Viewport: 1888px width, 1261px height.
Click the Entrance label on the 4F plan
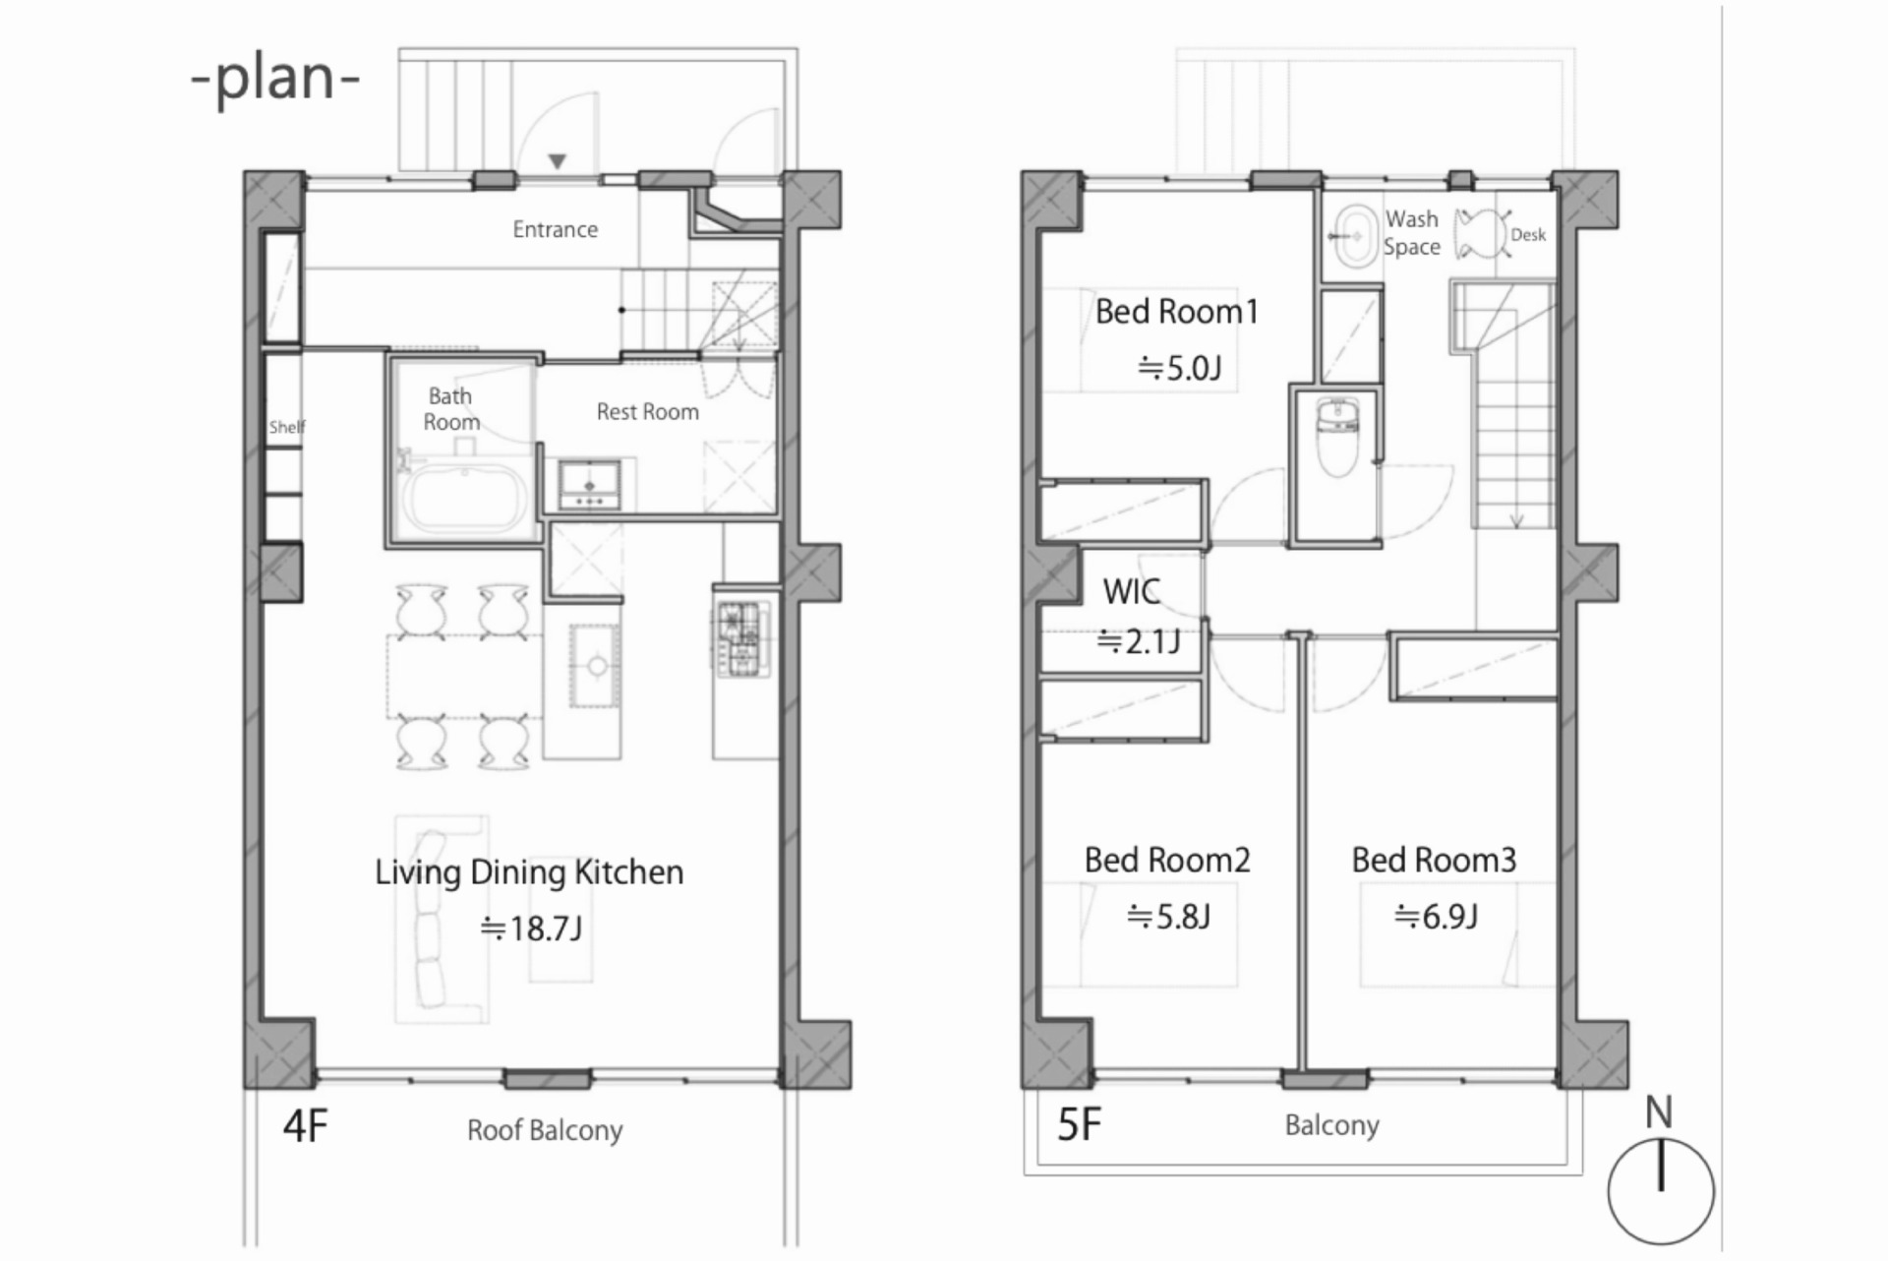555,229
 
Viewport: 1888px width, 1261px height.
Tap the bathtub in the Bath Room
464,499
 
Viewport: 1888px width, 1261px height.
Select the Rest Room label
647,411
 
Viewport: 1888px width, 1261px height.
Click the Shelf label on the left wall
286,427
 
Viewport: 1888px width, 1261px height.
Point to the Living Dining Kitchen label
529,872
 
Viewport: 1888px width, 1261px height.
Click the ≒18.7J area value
531,928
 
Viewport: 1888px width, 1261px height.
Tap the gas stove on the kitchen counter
742,638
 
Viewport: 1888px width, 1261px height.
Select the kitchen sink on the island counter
596,666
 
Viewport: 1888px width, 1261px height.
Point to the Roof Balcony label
545,1130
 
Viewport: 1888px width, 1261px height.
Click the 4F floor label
305,1126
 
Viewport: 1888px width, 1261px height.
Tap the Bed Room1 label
1176,312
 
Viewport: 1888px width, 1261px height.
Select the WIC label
1131,591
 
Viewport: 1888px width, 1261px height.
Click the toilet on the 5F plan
1337,437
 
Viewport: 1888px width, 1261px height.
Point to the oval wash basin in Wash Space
1356,235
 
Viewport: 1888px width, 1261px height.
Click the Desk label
1528,235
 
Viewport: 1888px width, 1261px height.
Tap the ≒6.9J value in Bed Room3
1436,917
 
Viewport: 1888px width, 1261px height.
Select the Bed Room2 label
1167,860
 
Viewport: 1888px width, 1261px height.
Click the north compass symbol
1661,1190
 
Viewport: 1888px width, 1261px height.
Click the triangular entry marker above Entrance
558,161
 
